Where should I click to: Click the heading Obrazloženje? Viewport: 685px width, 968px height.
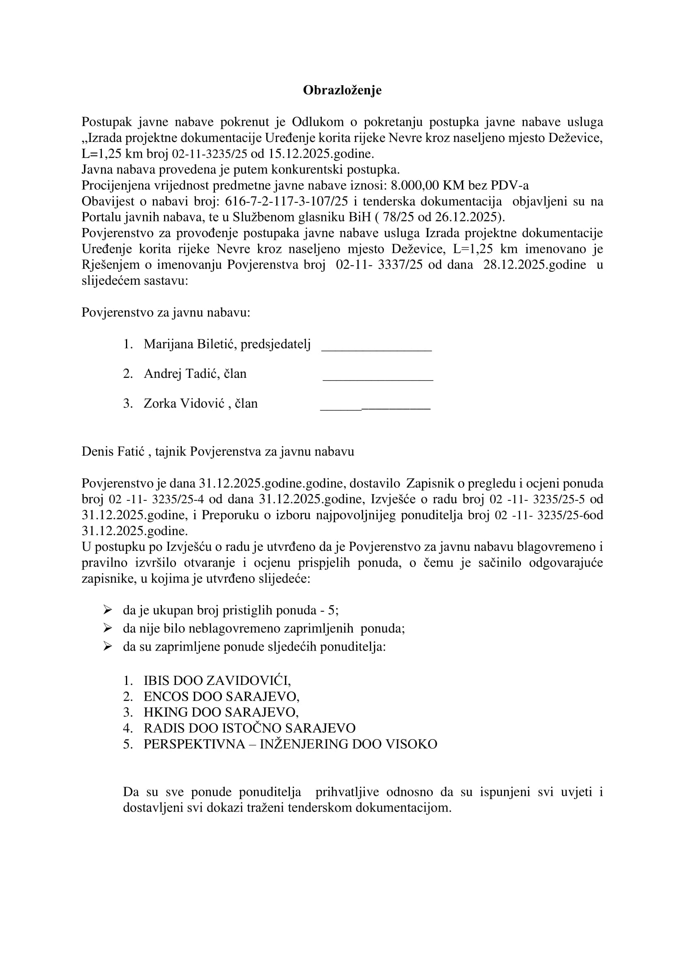click(342, 90)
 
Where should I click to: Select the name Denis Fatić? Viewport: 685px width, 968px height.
click(113, 452)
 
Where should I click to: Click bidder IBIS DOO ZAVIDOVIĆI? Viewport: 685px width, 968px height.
click(217, 680)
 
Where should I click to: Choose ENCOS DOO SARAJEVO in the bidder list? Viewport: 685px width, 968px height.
click(222, 697)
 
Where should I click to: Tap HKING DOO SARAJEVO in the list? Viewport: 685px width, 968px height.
click(221, 712)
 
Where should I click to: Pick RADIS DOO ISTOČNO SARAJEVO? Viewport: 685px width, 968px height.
click(249, 728)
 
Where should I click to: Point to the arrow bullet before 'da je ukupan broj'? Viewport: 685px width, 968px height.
click(107, 610)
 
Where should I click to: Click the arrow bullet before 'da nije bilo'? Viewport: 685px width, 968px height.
click(107, 628)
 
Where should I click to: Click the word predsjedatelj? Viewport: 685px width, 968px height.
click(275, 344)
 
